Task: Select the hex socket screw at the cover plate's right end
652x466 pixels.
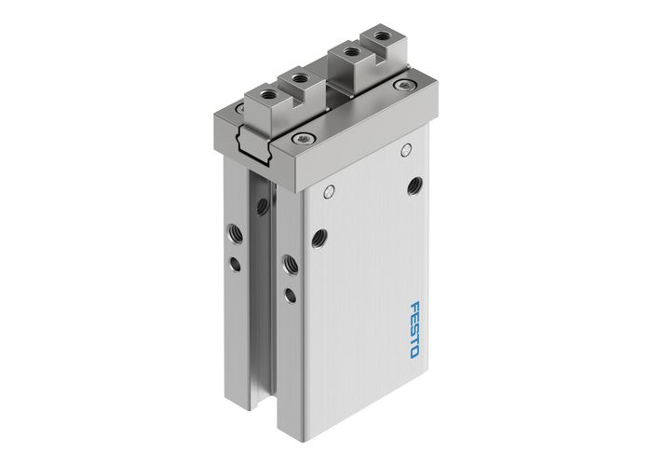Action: point(401,86)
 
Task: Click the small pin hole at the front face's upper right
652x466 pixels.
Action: point(405,150)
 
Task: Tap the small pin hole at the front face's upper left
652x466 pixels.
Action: point(327,192)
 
